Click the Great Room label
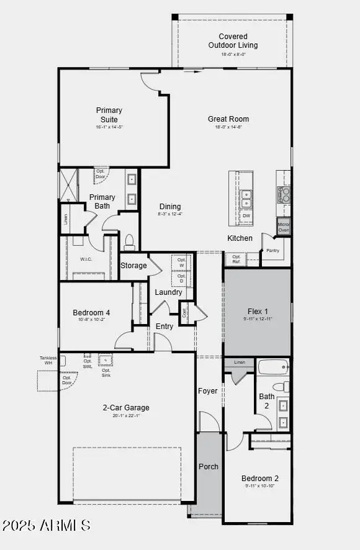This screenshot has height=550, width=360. tap(228, 119)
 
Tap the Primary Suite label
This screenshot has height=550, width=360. tap(109, 115)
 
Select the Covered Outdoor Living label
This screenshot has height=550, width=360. tap(233, 41)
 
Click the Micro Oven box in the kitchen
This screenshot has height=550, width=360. tap(284, 227)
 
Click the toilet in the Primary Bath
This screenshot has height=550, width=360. tap(130, 241)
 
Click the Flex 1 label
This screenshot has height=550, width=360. tap(258, 312)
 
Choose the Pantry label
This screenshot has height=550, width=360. tap(272, 251)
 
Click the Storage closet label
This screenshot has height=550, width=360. tap(133, 266)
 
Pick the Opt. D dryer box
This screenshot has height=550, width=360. tap(181, 278)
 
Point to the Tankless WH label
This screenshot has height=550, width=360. tap(48, 361)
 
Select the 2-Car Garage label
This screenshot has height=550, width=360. tap(126, 408)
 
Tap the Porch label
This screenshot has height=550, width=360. tap(209, 466)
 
